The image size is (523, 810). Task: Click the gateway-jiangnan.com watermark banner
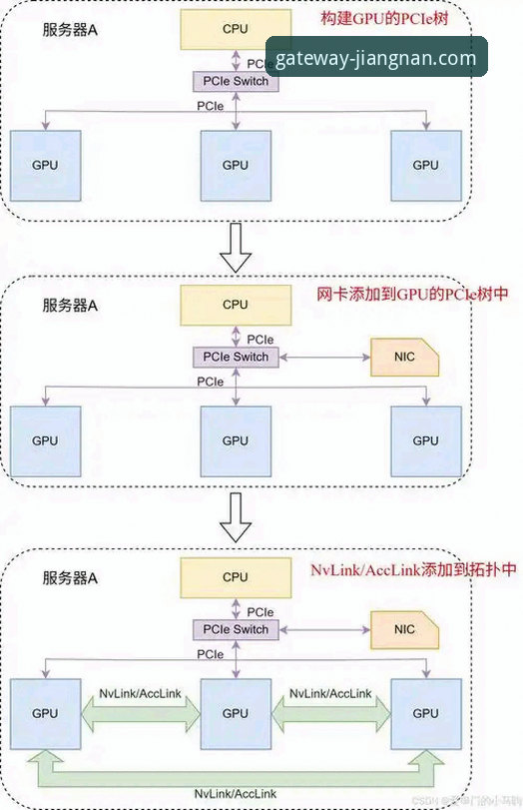(377, 58)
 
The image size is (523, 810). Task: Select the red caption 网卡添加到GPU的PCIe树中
(399, 296)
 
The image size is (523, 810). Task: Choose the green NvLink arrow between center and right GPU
(330, 712)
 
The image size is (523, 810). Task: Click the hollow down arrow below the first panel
(236, 247)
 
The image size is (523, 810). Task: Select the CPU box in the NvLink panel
(236, 577)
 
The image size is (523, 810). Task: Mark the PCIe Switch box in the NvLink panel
(236, 629)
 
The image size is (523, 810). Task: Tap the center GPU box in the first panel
(236, 165)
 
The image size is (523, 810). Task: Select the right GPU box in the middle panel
(426, 439)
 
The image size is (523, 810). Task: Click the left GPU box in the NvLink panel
(44, 713)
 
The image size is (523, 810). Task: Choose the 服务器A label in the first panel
(70, 33)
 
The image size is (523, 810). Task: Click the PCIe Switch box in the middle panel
(236, 357)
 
